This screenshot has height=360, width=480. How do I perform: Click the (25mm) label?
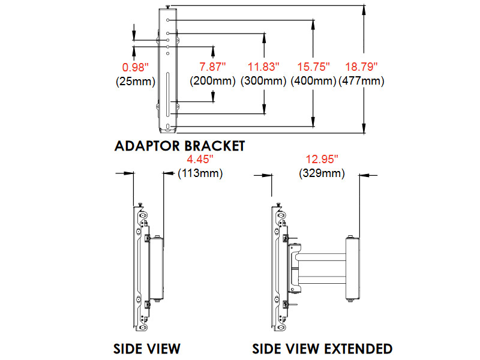pyautogui.click(x=136, y=81)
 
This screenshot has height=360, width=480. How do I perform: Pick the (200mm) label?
pyautogui.click(x=211, y=81)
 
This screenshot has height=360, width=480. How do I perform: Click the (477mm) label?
pyautogui.click(x=361, y=81)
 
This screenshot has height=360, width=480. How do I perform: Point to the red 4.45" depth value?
pyautogui.click(x=200, y=160)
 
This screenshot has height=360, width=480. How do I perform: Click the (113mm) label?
pyautogui.click(x=200, y=174)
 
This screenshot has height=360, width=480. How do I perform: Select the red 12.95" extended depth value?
pyautogui.click(x=322, y=160)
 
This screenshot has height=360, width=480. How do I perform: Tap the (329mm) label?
pyautogui.click(x=322, y=174)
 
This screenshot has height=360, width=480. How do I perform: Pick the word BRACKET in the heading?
pyautogui.click(x=215, y=146)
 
